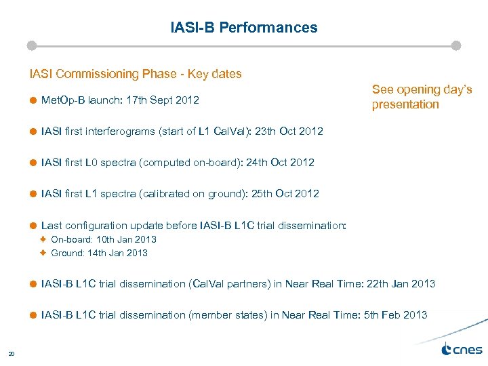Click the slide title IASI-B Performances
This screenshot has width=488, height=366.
click(x=243, y=28)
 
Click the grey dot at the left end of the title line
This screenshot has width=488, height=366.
click(x=31, y=45)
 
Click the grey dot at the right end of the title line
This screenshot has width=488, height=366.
click(x=456, y=45)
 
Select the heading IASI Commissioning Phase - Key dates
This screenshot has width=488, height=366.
click(x=135, y=74)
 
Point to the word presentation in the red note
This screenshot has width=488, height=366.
click(x=405, y=104)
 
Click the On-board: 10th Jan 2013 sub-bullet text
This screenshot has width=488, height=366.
click(x=104, y=239)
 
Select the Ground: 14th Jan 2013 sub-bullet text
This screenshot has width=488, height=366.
click(x=99, y=253)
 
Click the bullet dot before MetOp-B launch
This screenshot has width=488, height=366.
click(x=32, y=100)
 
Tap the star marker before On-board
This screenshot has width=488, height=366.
click(x=42, y=239)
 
